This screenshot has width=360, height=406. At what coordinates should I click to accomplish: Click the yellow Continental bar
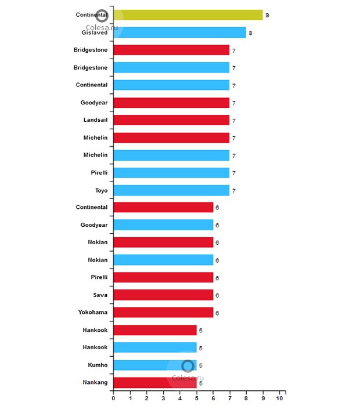coord(188,15)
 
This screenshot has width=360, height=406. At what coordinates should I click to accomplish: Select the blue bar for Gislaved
coord(179,32)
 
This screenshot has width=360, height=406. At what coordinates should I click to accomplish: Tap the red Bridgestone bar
coord(171,50)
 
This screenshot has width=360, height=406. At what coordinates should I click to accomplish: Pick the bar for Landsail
coord(171,120)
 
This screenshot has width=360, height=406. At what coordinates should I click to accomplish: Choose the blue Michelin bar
coord(171,155)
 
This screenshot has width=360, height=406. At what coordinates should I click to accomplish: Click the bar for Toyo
coord(171,190)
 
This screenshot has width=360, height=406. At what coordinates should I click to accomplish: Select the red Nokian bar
coord(163,242)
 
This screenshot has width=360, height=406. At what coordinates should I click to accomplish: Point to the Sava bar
coord(163,295)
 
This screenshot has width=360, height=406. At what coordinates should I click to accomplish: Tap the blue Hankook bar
coord(155,347)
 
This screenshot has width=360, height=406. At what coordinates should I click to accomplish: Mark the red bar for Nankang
coord(155,383)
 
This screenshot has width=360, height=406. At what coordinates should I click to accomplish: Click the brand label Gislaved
coord(94,33)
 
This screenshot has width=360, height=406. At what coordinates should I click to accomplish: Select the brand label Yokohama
coord(93,313)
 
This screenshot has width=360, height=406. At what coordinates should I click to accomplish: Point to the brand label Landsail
coord(95,120)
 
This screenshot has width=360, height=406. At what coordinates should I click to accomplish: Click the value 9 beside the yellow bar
coord(267,15)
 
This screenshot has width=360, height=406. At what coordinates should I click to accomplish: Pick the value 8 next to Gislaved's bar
coord(250,33)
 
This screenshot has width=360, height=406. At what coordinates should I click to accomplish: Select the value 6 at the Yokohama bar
coord(217,313)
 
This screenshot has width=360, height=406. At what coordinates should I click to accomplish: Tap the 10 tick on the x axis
coord(280,398)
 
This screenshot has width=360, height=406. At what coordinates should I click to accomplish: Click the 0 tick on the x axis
coord(113,398)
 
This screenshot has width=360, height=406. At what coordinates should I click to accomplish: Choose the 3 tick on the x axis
coord(163,398)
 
